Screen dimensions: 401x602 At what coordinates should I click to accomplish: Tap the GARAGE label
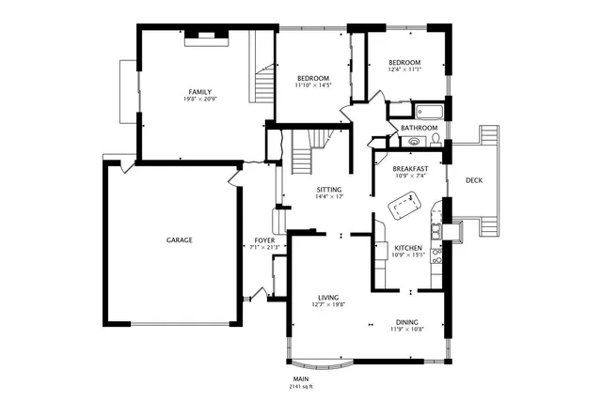click(x=180, y=240)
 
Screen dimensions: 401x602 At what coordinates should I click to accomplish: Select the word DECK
click(x=474, y=180)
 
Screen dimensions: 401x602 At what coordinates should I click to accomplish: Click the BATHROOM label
click(x=419, y=128)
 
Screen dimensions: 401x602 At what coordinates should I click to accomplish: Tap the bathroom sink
click(x=414, y=142)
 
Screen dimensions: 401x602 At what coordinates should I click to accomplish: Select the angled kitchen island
click(x=405, y=203)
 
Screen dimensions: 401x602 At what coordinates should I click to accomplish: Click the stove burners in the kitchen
click(x=436, y=228)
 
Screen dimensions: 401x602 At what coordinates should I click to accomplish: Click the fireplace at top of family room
click(x=205, y=37)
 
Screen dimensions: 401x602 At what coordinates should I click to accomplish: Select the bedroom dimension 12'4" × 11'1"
click(x=404, y=69)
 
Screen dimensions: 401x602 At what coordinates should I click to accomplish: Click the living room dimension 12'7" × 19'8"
click(x=328, y=304)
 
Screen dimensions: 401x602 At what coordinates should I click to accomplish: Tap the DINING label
click(x=407, y=321)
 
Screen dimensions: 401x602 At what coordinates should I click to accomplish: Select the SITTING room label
click(x=328, y=189)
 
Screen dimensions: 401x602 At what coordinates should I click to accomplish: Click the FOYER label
click(x=264, y=240)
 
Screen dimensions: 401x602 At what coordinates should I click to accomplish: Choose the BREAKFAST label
click(x=409, y=168)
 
